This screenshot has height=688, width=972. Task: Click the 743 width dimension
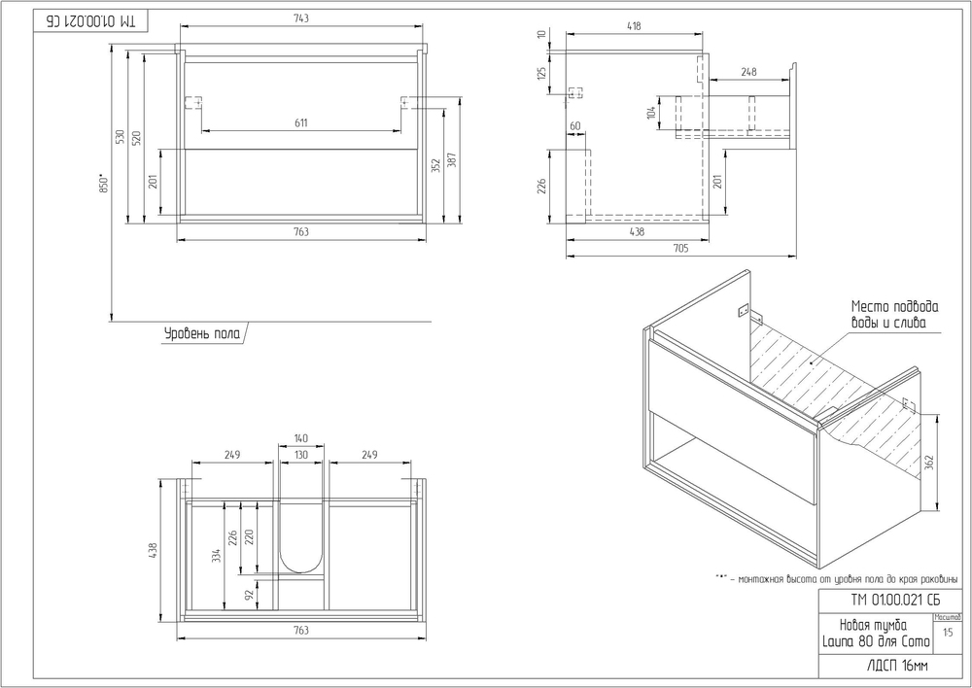tap(300, 19)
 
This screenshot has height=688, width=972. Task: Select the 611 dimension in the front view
tap(300, 122)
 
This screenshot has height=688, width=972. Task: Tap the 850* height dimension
tap(103, 185)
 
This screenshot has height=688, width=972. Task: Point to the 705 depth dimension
tap(679, 249)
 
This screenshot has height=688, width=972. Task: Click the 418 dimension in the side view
tap(634, 27)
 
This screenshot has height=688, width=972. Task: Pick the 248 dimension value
tap(748, 72)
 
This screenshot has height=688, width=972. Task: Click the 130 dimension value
tap(301, 455)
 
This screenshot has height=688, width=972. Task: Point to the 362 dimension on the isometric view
tap(931, 464)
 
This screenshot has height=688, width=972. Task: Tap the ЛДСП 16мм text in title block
tap(872, 667)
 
